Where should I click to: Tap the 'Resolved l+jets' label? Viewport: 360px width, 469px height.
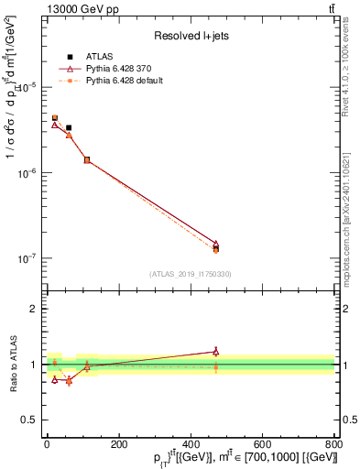click(189, 36)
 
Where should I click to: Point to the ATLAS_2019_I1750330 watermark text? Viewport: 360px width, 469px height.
click(191, 274)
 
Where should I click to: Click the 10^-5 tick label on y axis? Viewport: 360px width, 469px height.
click(27, 87)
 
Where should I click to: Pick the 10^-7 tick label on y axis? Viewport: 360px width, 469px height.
click(27, 259)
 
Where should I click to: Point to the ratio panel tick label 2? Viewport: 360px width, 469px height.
click(33, 309)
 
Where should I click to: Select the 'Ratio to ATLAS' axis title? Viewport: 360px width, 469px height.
click(12, 365)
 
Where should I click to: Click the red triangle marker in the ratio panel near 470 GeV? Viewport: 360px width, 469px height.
click(216, 351)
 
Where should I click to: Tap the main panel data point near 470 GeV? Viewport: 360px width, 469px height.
click(216, 246)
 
